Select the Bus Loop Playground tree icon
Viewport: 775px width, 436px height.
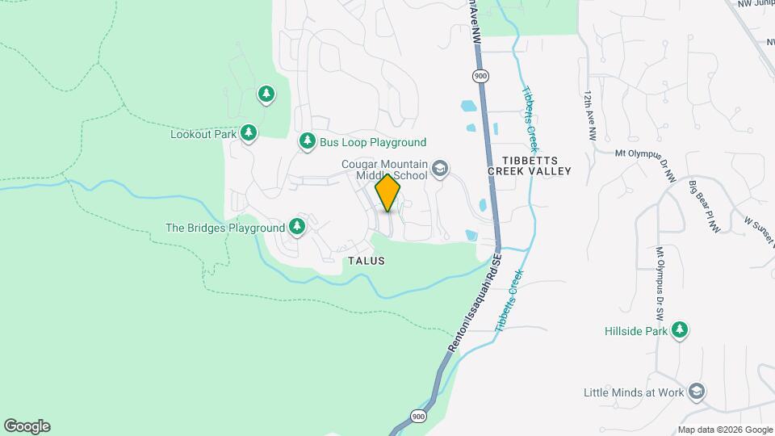point(307,142)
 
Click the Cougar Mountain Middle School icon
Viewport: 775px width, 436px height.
point(440,168)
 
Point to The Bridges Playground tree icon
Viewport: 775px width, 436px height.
point(298,228)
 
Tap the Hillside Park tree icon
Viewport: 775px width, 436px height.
point(681,330)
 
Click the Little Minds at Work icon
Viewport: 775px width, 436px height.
point(696,392)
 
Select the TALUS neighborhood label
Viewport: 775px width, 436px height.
point(366,261)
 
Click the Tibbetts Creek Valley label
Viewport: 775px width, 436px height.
point(530,165)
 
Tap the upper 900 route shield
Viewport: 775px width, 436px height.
point(481,76)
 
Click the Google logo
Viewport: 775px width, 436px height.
point(27,426)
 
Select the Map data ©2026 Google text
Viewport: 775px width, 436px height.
point(724,430)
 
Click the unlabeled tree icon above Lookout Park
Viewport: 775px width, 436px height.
point(266,94)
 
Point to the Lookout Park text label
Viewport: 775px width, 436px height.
point(203,134)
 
